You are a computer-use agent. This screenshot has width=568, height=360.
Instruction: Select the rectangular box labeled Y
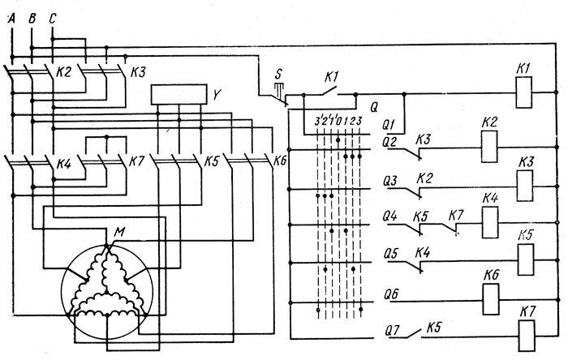coord(179,96)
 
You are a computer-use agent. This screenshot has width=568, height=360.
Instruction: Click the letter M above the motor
coord(120,234)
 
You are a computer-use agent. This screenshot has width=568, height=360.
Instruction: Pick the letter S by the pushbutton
coord(279,71)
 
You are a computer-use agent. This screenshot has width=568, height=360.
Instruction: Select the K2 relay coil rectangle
coord(489,148)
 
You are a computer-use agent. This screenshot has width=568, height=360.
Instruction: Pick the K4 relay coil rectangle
coord(490,222)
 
